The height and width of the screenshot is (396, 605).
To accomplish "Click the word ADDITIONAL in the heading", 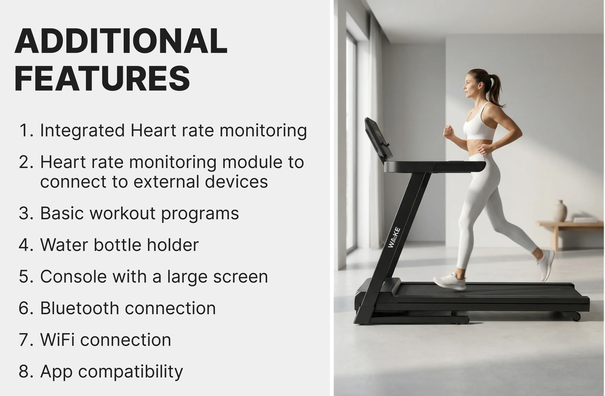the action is tap(121, 41).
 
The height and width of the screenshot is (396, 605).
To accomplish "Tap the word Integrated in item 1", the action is tap(83, 131).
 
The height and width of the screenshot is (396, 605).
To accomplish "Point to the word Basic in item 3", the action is tap(62, 213).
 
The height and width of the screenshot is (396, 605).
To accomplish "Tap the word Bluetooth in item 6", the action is tap(79, 308).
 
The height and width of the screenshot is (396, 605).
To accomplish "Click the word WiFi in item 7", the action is tap(57, 340).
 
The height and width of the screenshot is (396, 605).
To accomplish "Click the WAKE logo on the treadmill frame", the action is tap(394, 237).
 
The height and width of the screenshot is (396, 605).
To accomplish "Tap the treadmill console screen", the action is tap(378, 139).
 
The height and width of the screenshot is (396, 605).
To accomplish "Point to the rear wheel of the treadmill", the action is tap(576, 316).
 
